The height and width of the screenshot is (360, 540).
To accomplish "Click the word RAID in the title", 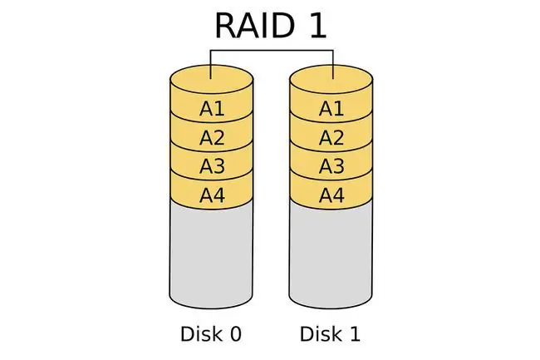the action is [255, 26].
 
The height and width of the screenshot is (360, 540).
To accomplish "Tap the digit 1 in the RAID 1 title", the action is [317, 26].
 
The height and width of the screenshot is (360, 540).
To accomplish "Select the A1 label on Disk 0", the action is [212, 109].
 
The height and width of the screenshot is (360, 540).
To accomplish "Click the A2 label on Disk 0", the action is [212, 138].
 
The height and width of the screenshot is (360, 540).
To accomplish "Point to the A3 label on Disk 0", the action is [212, 166].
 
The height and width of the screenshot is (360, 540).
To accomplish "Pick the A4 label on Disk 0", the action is [212, 195].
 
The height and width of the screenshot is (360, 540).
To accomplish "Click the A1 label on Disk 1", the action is [331, 109].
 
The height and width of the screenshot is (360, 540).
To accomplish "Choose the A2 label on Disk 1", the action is [331, 138].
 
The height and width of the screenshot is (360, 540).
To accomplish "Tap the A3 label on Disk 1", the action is [331, 166].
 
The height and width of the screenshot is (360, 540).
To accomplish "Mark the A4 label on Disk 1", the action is [331, 195].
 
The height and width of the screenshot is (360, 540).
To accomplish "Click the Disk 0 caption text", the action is [211, 334].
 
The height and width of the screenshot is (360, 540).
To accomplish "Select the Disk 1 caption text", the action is [330, 334].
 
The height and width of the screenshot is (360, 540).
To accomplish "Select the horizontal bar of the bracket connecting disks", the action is [272, 51].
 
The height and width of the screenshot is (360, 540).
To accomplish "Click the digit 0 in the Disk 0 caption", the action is [236, 334].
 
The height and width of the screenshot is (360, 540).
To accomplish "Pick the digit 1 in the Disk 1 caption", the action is [355, 334].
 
